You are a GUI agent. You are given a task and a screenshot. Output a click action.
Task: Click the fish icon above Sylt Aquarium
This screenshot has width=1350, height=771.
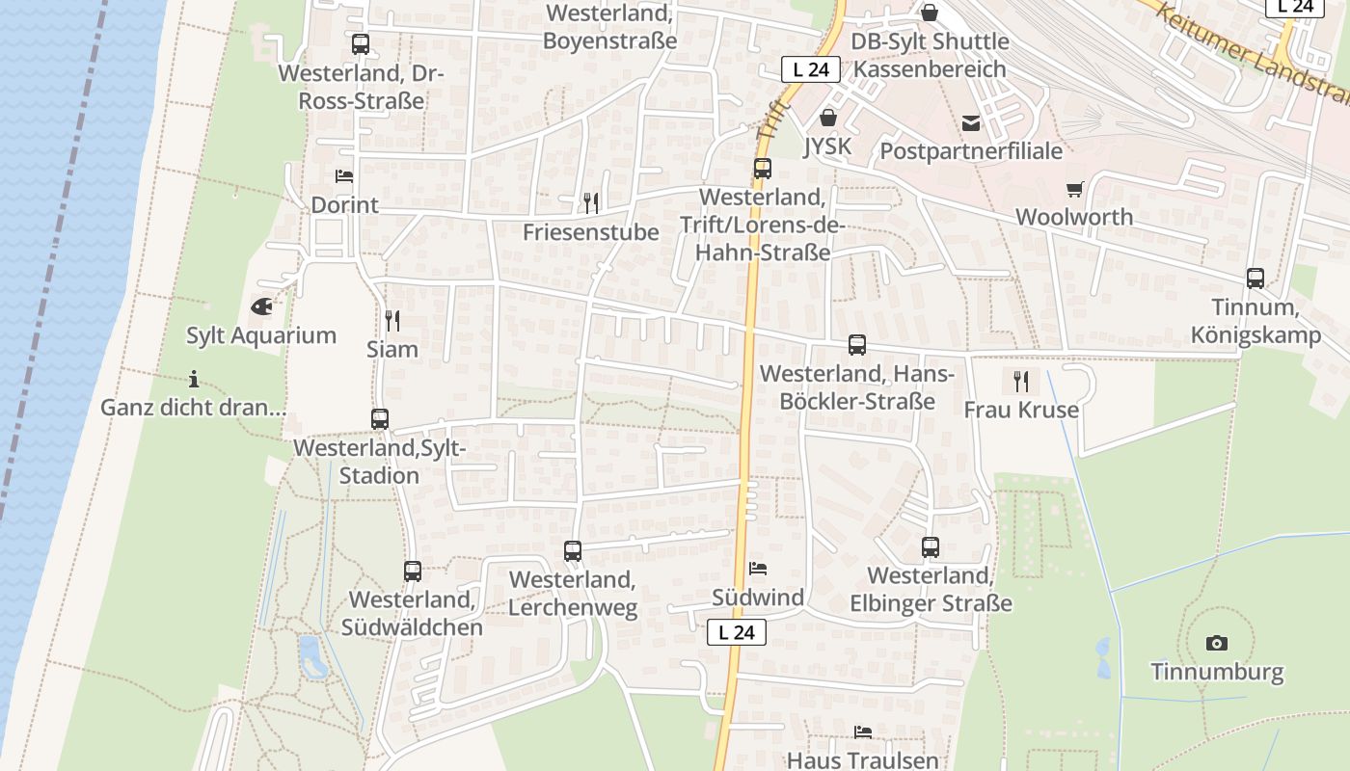pos(261,307)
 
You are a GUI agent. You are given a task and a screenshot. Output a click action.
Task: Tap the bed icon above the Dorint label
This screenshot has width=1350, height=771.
pos(343,176)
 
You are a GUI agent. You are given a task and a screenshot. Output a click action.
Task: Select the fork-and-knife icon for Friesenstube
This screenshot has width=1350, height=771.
pos(591,202)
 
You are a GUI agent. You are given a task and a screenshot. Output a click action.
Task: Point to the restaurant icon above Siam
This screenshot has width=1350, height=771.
pos(392,320)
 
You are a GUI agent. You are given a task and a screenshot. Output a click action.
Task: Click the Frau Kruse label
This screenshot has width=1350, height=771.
pos(1021,411)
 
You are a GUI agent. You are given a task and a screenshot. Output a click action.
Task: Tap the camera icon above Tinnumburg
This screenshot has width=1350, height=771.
pos(1217,643)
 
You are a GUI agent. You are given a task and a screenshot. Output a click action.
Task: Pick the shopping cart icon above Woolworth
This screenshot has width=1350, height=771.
pos(1074,189)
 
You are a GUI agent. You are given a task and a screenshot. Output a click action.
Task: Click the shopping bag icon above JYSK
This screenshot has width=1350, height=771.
pos(827,118)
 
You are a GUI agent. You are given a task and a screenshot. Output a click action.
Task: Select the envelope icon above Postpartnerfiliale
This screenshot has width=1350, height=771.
pos(970,123)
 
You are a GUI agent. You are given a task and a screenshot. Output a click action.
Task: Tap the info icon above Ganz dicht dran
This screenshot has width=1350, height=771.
pos(194,379)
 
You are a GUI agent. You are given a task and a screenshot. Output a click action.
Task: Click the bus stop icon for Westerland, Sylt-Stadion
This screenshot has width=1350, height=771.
pos(380,419)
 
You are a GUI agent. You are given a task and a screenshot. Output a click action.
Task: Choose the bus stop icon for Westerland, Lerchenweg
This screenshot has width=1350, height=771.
pos(573,551)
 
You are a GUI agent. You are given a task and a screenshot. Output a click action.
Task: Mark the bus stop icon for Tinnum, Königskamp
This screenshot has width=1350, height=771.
pos(1255,279)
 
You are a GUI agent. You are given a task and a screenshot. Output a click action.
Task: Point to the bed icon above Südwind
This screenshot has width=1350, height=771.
pos(758,569)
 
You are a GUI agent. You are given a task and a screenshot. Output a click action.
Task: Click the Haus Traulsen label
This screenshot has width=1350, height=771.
pos(862,759)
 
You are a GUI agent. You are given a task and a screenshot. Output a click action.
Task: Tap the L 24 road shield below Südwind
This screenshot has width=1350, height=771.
pos(737,632)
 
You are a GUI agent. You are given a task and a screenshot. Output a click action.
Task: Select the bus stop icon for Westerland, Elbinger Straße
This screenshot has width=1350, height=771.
pos(931,547)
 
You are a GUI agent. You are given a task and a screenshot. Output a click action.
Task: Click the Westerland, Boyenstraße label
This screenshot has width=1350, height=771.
pos(609,27)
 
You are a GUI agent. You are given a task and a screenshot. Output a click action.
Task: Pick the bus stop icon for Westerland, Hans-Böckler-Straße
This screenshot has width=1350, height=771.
pos(857,345)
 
